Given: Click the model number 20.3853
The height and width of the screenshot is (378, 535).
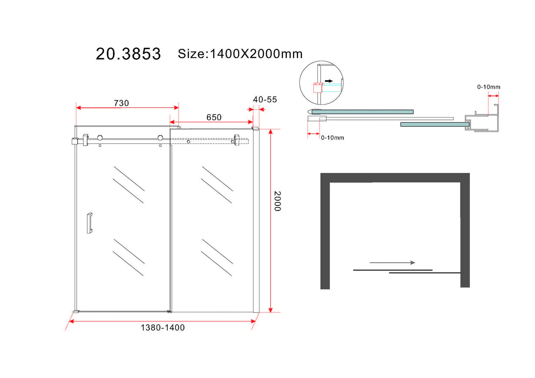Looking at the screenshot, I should click(x=128, y=54).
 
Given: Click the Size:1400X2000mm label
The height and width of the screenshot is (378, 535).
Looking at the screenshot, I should click(x=240, y=54).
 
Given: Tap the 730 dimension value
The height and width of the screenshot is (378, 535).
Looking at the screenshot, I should click(x=121, y=103).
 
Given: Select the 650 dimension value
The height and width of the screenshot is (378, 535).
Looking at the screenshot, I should click(x=214, y=117).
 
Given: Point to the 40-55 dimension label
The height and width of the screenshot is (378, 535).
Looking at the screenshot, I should click(x=265, y=99).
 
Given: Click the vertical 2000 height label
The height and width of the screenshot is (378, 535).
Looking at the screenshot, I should click(x=277, y=201).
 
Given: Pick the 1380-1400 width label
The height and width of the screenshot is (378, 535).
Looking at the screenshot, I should click(x=163, y=327).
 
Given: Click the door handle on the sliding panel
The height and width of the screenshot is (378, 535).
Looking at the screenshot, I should click(x=89, y=223).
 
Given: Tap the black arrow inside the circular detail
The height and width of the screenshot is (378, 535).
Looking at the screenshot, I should click(x=329, y=81).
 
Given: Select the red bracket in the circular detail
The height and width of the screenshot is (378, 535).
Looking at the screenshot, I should click(x=318, y=88).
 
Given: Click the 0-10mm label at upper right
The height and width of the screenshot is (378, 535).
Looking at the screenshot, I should click(x=488, y=87).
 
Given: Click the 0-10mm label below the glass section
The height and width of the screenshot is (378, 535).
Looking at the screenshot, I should click(x=332, y=138).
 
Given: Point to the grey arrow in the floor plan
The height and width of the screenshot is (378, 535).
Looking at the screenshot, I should click(x=392, y=263).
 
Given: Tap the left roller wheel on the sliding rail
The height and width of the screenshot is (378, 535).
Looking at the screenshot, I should click(x=100, y=138).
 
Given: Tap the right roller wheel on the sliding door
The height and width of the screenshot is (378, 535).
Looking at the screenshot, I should click(x=160, y=138).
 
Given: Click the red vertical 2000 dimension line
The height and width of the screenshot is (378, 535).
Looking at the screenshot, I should click(x=271, y=221).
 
